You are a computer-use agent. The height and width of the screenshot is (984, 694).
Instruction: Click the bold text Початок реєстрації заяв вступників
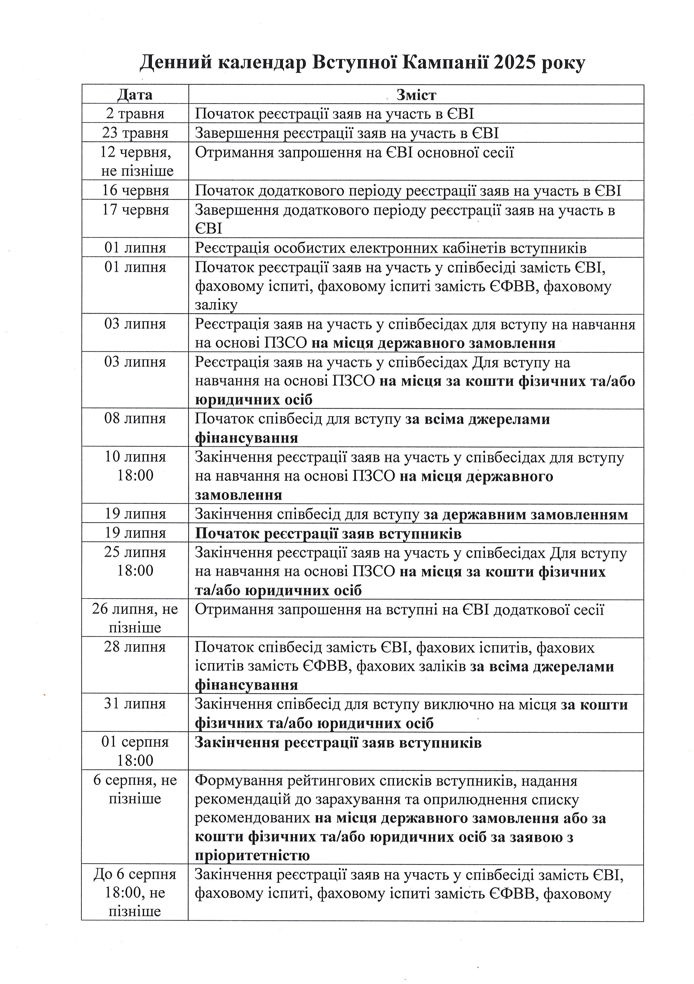click(x=328, y=534)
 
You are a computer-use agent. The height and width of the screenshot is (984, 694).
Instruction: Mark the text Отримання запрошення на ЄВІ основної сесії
click(x=354, y=153)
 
